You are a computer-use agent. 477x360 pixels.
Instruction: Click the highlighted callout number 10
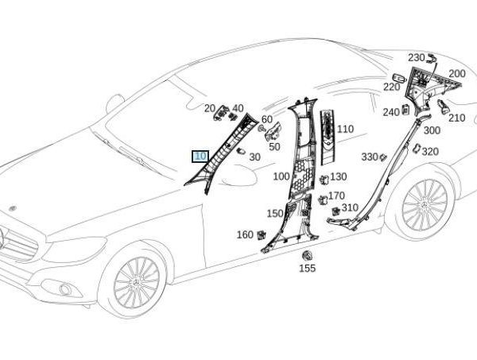click(200, 157)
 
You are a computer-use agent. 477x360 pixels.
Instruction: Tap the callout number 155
click(307, 268)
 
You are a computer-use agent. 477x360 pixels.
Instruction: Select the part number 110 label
click(345, 129)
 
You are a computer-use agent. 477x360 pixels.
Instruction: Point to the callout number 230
click(416, 57)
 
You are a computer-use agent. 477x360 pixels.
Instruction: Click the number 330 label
click(370, 157)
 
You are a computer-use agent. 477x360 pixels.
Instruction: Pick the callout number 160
click(245, 234)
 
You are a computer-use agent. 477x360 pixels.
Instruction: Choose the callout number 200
click(457, 74)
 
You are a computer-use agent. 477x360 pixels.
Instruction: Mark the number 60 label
click(267, 119)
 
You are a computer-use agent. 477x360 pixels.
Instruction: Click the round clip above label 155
click(307, 255)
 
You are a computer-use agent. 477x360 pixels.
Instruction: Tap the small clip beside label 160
click(261, 235)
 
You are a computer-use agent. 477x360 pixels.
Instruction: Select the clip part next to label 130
click(324, 180)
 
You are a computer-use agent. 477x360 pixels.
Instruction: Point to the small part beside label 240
click(405, 110)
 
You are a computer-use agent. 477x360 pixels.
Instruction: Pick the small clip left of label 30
click(241, 151)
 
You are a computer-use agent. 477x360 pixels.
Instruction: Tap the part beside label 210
click(443, 106)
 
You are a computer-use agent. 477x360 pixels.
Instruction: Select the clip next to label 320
click(416, 148)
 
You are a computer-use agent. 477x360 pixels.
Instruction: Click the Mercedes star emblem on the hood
click(13, 208)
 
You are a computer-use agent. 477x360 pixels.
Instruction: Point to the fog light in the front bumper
click(65, 289)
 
